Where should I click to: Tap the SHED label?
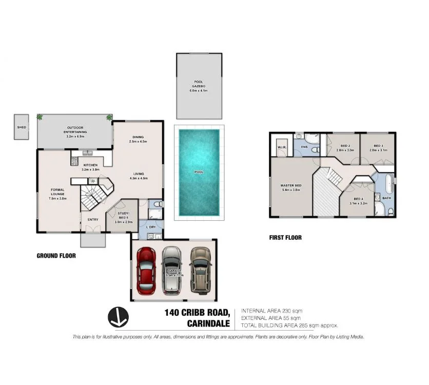(22, 127)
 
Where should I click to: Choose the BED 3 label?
(379, 146)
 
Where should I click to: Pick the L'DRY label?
(151, 226)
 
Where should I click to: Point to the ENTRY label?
(93, 220)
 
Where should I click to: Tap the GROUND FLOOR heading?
(56, 255)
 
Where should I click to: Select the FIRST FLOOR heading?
(285, 238)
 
